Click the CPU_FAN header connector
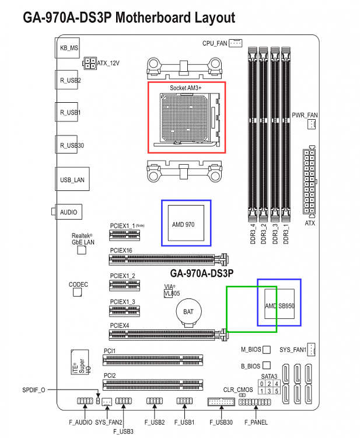pyautogui.click(x=235, y=43)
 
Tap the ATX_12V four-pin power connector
pyautogui.click(x=90, y=64)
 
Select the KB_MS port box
pyautogui.click(x=67, y=48)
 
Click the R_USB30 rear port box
pyautogui.click(x=66, y=144)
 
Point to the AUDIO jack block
pyautogui.click(x=68, y=212)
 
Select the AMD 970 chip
pyautogui.click(x=186, y=223)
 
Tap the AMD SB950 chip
pyautogui.click(x=279, y=304)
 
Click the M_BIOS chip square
pyautogui.click(x=267, y=349)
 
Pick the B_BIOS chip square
pyautogui.click(x=267, y=366)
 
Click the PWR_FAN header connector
pyautogui.click(x=312, y=124)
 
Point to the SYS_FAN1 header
pyautogui.click(x=311, y=349)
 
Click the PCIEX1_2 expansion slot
pyautogui.click(x=124, y=285)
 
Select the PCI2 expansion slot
pyautogui.click(x=153, y=385)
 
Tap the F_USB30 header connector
pyautogui.click(x=221, y=402)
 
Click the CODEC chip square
pyautogui.click(x=77, y=292)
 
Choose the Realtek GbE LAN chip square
pyautogui.click(x=82, y=250)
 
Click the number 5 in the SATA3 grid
pyautogui.click(x=277, y=391)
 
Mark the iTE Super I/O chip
pyautogui.click(x=80, y=362)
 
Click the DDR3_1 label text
pyautogui.click(x=286, y=234)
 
